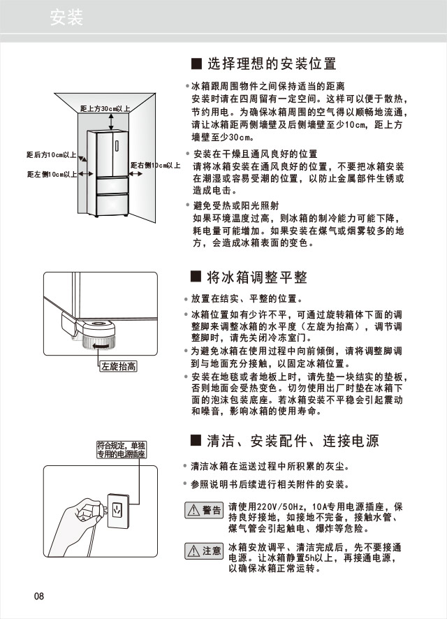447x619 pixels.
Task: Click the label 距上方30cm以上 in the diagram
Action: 105,110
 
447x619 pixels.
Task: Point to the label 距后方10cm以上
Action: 51,154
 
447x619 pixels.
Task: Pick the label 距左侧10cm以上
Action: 52,174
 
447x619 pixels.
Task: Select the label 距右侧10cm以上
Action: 155,166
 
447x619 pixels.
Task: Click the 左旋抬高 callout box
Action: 118,366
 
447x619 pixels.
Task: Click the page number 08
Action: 38,596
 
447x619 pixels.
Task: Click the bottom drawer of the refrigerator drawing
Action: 112,204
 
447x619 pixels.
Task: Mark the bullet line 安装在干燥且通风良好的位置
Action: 255,154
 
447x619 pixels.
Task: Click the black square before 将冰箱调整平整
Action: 196,277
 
